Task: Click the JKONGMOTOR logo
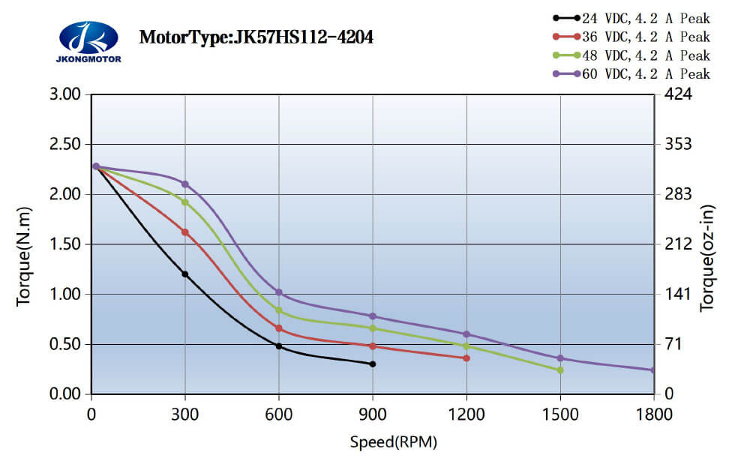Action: coord(88,41)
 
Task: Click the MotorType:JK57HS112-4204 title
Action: coord(256,37)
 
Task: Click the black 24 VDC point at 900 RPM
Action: coord(373,364)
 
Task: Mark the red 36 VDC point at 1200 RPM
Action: coord(466,358)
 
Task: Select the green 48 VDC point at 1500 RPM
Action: coord(560,370)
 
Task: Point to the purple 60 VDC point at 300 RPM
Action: coord(185,184)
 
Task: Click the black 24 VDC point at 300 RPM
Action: coord(185,274)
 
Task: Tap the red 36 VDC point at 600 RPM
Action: coord(279,328)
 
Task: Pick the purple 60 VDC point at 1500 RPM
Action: coord(560,358)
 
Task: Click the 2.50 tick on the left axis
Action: coord(65,144)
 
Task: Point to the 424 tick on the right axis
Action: coord(676,94)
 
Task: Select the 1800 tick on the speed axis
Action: coord(654,414)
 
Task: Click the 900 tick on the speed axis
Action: coord(373,414)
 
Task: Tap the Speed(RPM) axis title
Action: coord(393,442)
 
